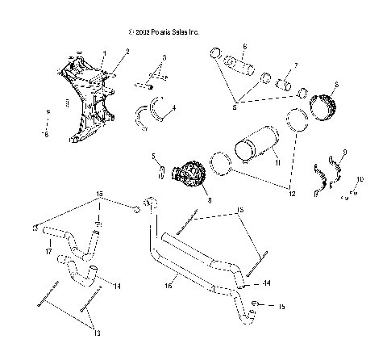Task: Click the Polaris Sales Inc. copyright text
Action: [163, 31]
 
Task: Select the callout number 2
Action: [127, 52]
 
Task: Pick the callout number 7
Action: [296, 65]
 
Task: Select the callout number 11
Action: [278, 164]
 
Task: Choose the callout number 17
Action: [49, 250]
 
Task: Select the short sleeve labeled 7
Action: [284, 82]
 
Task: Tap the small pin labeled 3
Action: [148, 82]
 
